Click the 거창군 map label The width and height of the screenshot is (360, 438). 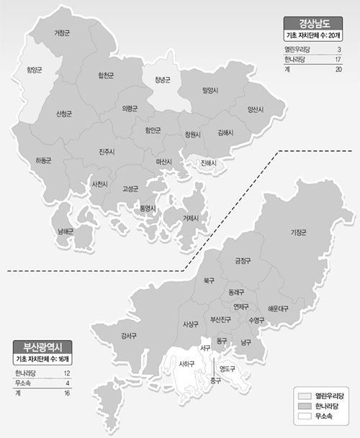tap(63, 33)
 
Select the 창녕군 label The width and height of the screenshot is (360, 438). tap(162, 80)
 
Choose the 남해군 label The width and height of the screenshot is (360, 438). tap(66, 232)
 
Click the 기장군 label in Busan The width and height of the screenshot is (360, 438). tap(297, 232)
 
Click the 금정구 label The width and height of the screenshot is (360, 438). tap(240, 261)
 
